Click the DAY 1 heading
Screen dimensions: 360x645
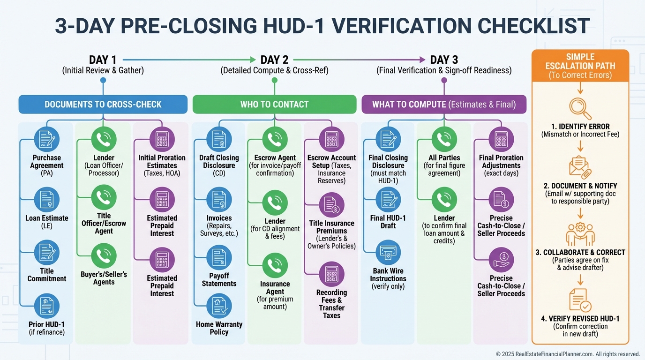tap(103, 60)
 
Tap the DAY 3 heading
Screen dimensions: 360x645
tap(444, 60)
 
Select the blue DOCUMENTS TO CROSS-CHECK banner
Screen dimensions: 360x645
tap(103, 105)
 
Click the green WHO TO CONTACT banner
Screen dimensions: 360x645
tap(274, 105)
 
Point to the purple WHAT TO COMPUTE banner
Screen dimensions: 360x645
tap(443, 105)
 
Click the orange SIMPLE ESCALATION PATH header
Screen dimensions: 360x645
tap(580, 66)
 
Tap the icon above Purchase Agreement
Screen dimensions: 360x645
tap(47, 139)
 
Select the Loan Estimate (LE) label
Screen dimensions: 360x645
tap(47, 222)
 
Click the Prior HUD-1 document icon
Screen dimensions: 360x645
tap(47, 306)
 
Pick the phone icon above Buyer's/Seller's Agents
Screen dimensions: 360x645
tap(104, 255)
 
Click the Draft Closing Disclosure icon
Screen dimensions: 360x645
tap(219, 139)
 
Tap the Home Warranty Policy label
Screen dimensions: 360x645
tap(219, 328)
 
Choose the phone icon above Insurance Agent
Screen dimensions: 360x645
tap(275, 265)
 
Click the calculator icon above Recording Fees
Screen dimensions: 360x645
tap(331, 274)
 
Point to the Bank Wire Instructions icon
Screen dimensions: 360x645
tap(388, 252)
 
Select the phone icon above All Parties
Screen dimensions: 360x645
tap(444, 139)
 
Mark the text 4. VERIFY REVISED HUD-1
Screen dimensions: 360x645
tap(580, 319)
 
